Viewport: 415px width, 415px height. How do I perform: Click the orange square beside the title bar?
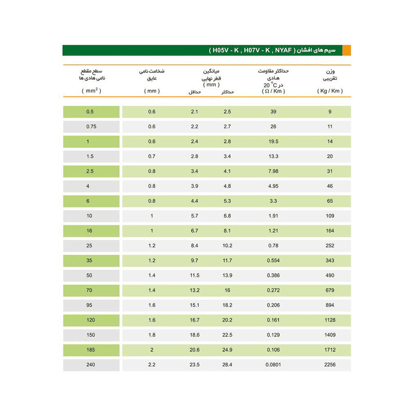[347, 50]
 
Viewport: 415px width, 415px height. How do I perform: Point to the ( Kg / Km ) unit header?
[329, 91]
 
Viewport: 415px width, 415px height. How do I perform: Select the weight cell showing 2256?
[329, 365]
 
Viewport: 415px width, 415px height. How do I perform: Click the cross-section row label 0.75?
[91, 127]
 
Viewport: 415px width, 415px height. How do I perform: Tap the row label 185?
[91, 350]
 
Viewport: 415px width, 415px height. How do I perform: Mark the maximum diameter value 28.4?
[227, 365]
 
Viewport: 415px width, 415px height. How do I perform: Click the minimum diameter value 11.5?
[195, 275]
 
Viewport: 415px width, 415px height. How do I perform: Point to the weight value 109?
[329, 216]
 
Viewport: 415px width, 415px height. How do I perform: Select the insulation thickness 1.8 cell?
[152, 335]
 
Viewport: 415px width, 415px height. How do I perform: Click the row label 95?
[91, 305]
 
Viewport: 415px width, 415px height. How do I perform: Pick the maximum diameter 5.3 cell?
[227, 201]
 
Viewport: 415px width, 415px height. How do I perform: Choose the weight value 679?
[329, 290]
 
